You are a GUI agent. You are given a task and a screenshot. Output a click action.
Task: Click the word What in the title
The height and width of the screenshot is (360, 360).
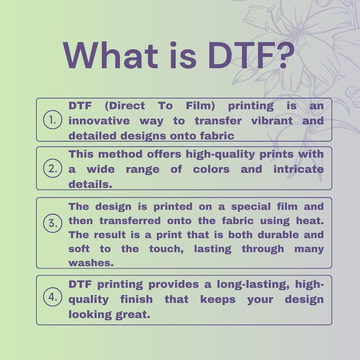coord(111,55)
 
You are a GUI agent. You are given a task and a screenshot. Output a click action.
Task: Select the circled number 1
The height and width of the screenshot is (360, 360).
coord(53,120)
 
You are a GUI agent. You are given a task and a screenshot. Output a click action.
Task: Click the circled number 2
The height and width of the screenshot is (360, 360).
coord(53,169)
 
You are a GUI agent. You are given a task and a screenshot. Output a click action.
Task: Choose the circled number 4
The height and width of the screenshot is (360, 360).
coord(53,297)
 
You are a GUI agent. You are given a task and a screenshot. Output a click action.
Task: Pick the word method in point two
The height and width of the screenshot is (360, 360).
coord(120,154)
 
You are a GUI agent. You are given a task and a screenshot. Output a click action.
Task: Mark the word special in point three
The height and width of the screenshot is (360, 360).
coord(250,207)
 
